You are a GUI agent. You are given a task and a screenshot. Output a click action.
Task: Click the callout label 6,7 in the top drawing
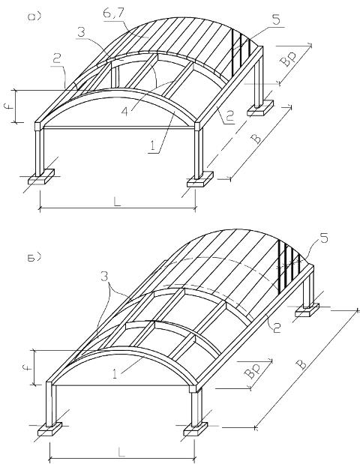pos(111,13)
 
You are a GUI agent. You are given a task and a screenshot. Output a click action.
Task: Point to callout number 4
pos(125,112)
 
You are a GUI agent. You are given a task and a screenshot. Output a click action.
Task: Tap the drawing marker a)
pos(34,17)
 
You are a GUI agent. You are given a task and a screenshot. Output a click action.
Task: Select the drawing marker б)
pos(34,257)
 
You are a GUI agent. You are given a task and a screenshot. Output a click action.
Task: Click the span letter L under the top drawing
pos(117,202)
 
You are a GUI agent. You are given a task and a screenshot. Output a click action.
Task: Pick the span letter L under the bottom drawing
pos(121,451)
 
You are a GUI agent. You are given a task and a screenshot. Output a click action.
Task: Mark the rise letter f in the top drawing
pos(10,106)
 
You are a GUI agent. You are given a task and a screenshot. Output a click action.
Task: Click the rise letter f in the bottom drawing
pos(27,368)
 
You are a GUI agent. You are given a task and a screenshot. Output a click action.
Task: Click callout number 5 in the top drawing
pos(276,20)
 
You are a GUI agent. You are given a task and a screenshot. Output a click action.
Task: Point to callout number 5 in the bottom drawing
pos(325,238)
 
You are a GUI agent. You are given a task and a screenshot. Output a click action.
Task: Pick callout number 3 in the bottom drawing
pos(104,277)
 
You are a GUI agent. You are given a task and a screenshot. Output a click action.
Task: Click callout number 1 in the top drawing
pos(152,146)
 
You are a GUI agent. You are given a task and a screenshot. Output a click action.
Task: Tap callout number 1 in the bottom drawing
pos(115,374)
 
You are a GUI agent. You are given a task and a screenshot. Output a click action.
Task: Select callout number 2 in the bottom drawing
pos(277,328)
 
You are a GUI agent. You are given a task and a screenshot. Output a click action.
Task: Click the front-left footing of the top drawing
pos(41,176)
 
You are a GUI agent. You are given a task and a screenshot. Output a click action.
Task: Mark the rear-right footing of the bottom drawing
pos(307,310)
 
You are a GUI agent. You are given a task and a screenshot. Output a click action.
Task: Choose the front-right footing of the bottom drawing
pos(196,429)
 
